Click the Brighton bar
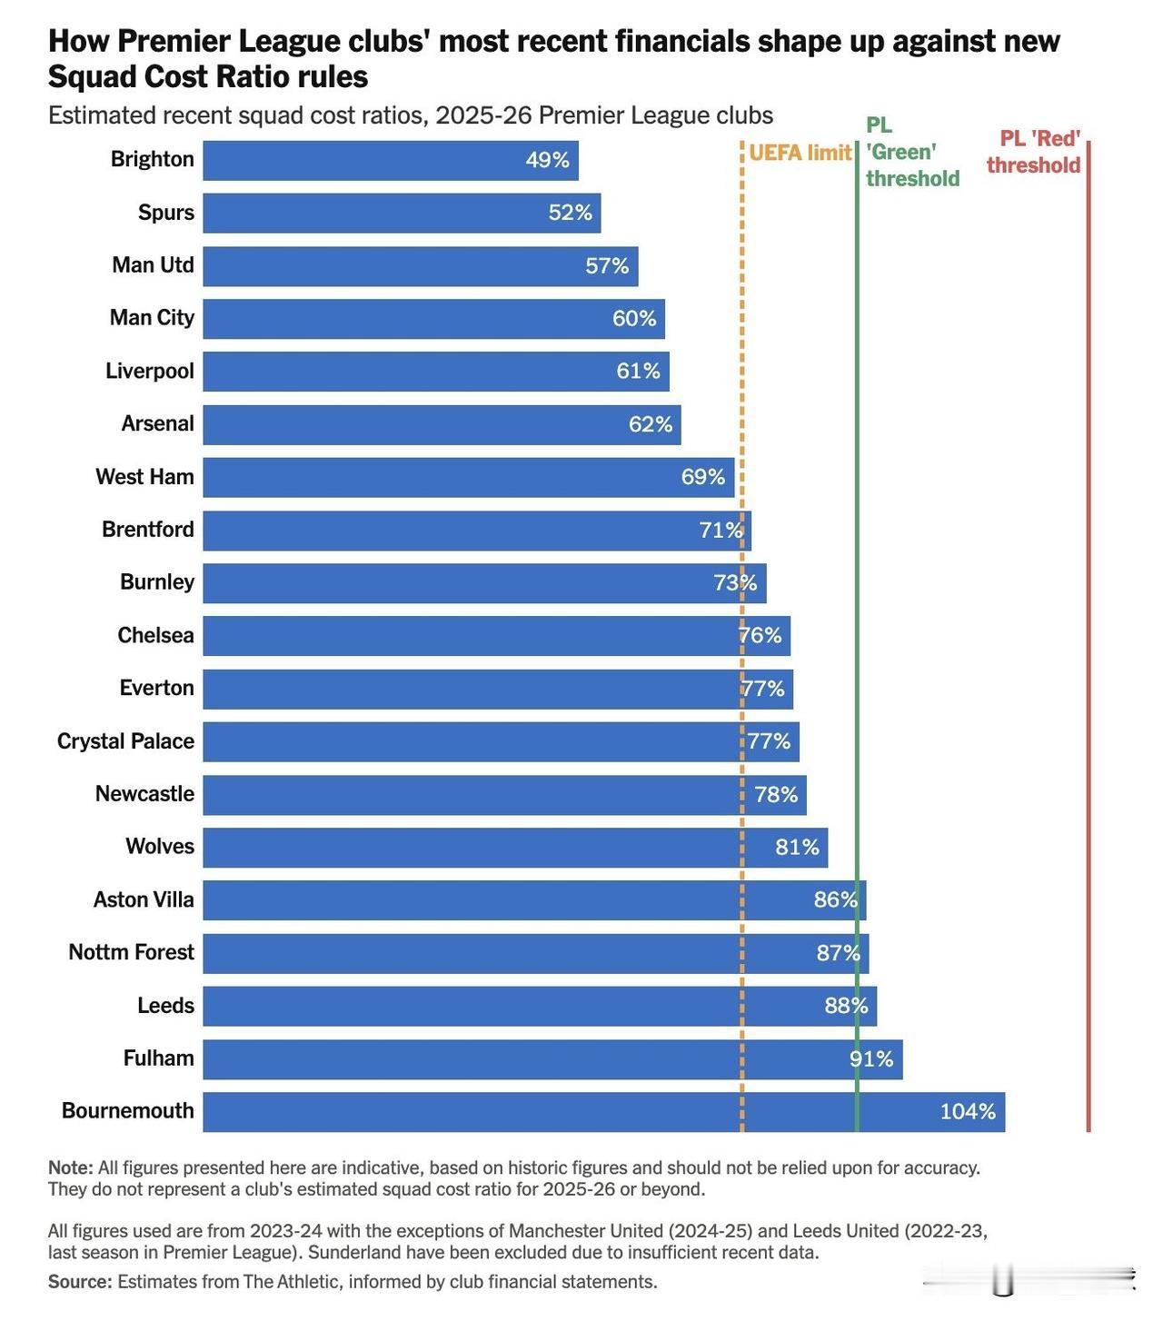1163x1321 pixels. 391,161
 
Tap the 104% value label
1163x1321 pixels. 968,1111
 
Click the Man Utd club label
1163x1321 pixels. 153,265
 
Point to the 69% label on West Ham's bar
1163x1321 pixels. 703,477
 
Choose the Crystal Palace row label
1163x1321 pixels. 125,741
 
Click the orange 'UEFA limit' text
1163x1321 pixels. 800,153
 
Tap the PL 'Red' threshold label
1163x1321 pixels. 1034,152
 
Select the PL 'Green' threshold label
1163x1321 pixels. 911,152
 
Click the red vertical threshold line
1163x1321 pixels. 1088,636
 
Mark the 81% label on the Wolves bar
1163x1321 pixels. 797,847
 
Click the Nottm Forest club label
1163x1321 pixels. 131,952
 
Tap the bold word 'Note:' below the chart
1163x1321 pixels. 70,1167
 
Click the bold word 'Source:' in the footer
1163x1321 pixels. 80,1282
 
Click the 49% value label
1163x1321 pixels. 547,161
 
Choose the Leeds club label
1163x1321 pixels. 165,1006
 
